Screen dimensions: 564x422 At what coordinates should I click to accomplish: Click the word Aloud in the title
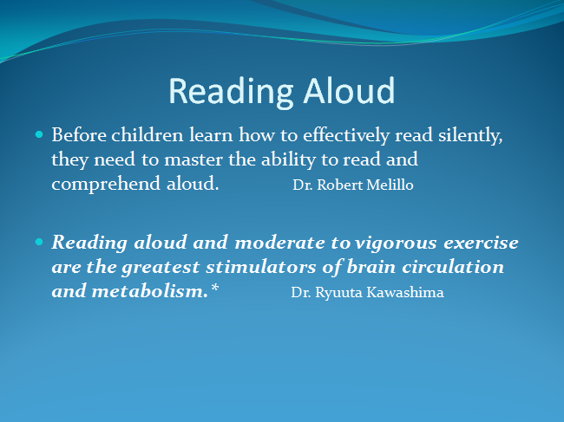click(x=349, y=91)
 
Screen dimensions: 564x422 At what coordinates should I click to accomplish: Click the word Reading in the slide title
click(x=231, y=93)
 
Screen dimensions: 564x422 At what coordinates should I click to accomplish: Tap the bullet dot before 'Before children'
click(x=39, y=135)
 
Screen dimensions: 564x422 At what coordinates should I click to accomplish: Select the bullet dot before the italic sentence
click(x=39, y=242)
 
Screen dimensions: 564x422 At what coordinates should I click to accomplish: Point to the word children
click(x=148, y=135)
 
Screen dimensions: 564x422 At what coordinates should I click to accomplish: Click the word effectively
click(x=346, y=136)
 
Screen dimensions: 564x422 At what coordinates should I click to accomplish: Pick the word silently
click(x=470, y=136)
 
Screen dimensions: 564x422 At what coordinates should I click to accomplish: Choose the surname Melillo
click(x=390, y=185)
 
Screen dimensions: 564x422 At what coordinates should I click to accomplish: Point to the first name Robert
click(x=340, y=185)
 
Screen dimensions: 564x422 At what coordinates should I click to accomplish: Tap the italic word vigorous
click(x=396, y=243)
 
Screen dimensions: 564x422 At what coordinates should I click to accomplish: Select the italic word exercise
click(x=481, y=243)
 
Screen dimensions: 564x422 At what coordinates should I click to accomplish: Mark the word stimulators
click(x=261, y=267)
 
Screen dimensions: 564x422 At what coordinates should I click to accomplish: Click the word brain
click(x=371, y=267)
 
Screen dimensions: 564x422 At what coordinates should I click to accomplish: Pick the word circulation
click(x=453, y=267)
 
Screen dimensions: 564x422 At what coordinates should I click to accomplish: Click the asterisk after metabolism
click(x=214, y=288)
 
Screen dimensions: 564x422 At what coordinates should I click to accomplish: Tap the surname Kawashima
click(x=405, y=292)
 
